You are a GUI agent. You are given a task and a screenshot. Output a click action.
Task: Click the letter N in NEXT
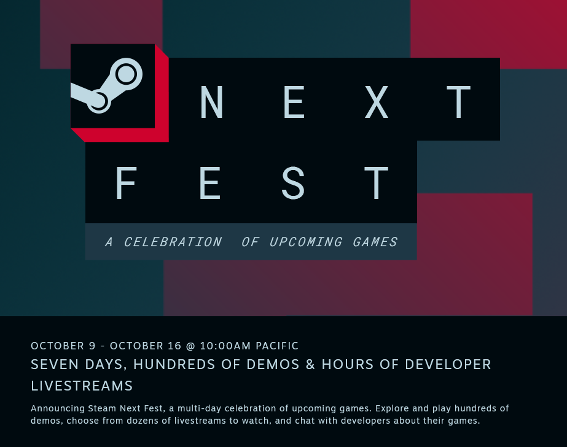pyautogui.click(x=211, y=102)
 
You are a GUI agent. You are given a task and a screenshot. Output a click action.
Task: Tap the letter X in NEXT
pyautogui.click(x=377, y=102)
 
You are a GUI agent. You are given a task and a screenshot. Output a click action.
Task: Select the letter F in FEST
pyautogui.click(x=125, y=183)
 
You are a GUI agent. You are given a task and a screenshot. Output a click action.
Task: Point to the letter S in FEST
pyautogui.click(x=293, y=183)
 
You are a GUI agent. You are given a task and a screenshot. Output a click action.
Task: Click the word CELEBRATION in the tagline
pyautogui.click(x=173, y=242)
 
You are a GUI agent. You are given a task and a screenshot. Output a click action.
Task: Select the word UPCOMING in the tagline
pyautogui.click(x=305, y=242)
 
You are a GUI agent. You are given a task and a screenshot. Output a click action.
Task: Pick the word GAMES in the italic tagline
pyautogui.click(x=375, y=242)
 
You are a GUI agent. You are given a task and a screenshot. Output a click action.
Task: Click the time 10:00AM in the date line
pyautogui.click(x=225, y=346)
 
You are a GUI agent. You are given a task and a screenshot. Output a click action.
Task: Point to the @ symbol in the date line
pyautogui.click(x=190, y=346)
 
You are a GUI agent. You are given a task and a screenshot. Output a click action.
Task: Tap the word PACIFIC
pyautogui.click(x=277, y=346)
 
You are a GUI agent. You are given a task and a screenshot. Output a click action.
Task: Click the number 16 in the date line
pyautogui.click(x=174, y=346)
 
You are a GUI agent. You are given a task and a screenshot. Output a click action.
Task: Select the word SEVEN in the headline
pyautogui.click(x=55, y=365)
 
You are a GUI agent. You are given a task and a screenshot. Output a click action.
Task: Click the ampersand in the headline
pyautogui.click(x=310, y=365)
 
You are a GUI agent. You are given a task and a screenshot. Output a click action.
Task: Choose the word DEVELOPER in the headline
pyautogui.click(x=448, y=365)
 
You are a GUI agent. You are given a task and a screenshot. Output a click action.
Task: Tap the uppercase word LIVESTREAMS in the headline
pyautogui.click(x=82, y=386)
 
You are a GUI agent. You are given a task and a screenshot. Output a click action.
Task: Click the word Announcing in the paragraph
pyautogui.click(x=58, y=408)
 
